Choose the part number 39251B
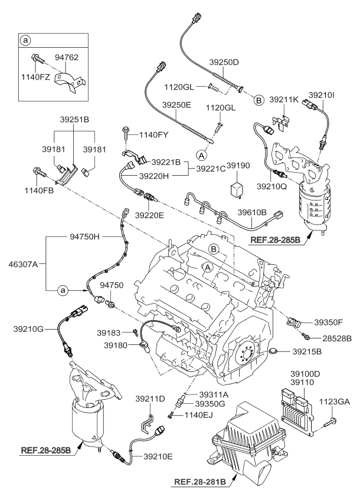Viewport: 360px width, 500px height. pos(76,119)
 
